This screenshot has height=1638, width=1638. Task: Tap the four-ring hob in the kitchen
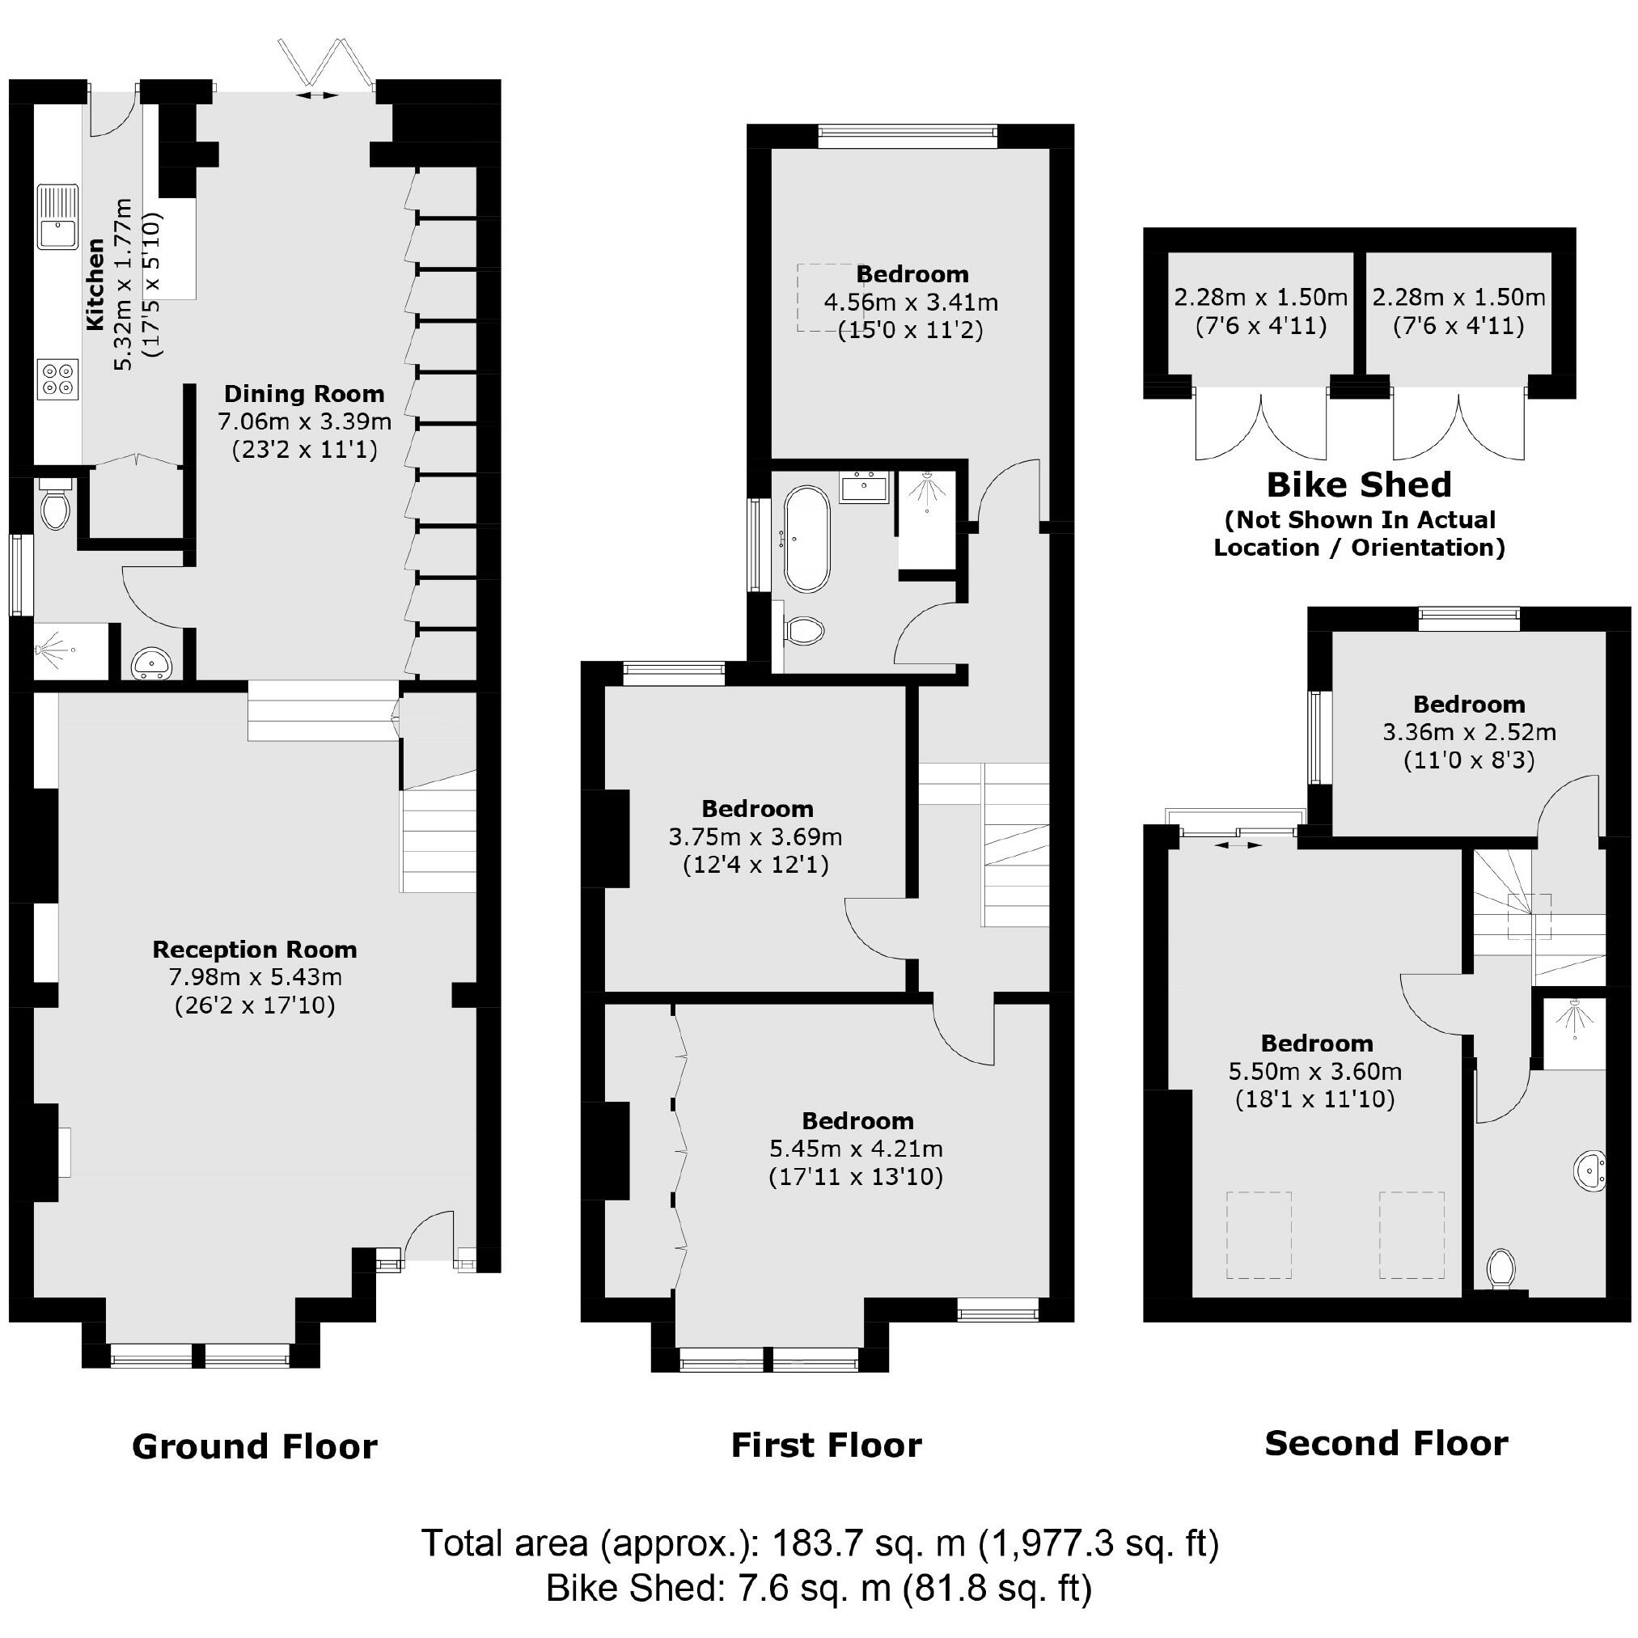[57, 378]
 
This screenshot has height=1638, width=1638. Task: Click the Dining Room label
[303, 393]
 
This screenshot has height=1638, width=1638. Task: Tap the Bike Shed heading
[1358, 485]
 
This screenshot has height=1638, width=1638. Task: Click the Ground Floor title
[254, 1446]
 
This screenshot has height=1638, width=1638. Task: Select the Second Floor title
[1386, 1443]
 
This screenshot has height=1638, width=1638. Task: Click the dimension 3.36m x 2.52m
[1468, 732]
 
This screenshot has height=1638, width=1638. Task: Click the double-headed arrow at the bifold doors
[316, 95]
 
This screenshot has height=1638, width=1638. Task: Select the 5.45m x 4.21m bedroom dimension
[856, 1149]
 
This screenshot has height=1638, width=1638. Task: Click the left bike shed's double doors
[1261, 425]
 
